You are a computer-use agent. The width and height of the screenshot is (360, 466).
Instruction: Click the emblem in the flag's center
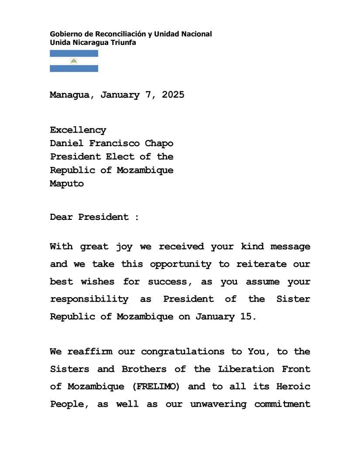(74, 61)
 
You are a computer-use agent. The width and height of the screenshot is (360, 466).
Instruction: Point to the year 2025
(173, 95)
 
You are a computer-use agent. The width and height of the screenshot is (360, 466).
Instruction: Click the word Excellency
(78, 130)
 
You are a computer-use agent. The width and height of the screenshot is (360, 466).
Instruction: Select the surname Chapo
(159, 143)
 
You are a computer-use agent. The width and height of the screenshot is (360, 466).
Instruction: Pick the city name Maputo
(67, 184)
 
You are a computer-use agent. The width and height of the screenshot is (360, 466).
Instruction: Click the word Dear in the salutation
(61, 217)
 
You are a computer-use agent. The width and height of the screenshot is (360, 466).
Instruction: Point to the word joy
(124, 247)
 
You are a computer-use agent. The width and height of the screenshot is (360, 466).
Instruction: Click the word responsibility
(89, 299)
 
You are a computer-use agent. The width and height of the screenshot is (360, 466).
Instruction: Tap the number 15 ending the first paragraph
(246, 317)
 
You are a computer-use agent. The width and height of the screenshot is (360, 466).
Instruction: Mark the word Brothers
(144, 369)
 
